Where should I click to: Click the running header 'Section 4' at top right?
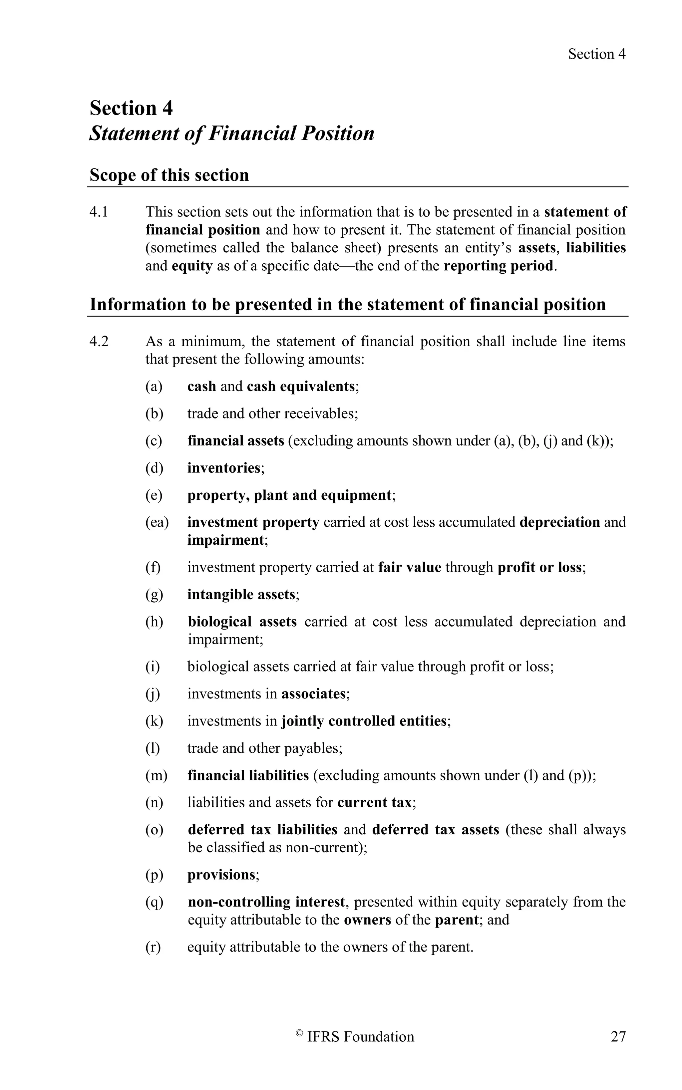[596, 54]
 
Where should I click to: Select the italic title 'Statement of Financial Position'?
[232, 134]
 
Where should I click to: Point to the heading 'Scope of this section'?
[169, 175]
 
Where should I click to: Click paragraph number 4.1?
[99, 212]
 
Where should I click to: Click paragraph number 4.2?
[99, 341]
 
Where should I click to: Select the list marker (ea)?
[157, 522]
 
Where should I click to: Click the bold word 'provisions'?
[221, 875]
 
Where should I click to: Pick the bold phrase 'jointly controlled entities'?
[364, 721]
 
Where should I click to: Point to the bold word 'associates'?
[313, 693]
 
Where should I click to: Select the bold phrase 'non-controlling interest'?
[266, 902]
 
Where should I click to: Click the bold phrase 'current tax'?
[374, 802]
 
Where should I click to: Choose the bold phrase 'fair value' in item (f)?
[410, 567]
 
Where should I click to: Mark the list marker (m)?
[156, 775]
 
